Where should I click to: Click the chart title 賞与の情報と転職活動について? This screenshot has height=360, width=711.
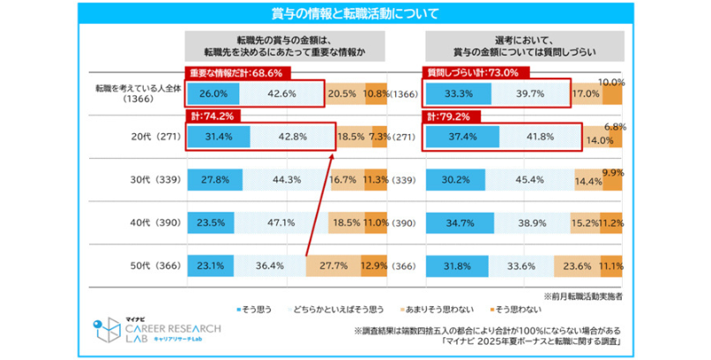point(355,13)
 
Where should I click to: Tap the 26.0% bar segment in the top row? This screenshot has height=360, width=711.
point(215,94)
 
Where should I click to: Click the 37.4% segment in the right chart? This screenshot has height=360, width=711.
point(457,136)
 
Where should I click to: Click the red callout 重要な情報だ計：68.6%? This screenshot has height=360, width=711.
point(226,73)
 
